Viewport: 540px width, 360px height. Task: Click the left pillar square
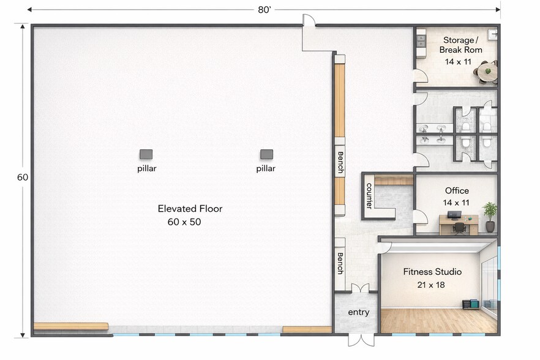tap(146, 154)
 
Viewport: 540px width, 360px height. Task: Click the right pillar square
tap(266, 154)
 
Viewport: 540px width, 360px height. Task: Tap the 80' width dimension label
tap(264, 10)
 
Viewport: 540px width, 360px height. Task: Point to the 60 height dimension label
tap(23, 177)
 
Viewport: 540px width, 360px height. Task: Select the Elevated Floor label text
tap(190, 208)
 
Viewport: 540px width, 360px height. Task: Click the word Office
tap(457, 190)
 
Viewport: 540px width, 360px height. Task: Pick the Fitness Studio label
tap(432, 272)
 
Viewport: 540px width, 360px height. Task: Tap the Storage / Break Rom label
tap(460, 45)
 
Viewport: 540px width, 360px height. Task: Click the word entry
tap(359, 312)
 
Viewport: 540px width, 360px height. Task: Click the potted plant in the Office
tap(490, 217)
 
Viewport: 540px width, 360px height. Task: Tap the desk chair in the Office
tap(459, 228)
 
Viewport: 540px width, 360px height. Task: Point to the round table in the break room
tap(487, 72)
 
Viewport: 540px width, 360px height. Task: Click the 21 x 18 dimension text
tap(431, 285)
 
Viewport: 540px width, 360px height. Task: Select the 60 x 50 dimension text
tap(184, 222)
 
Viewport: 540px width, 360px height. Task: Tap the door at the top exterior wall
tap(309, 21)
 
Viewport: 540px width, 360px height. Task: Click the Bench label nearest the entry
tap(340, 263)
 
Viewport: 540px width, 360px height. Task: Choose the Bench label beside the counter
tap(340, 163)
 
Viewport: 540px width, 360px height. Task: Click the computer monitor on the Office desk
tap(454, 215)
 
